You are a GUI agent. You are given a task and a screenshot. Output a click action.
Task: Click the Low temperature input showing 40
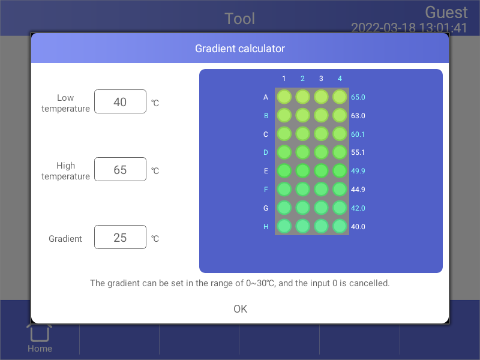click(x=120, y=101)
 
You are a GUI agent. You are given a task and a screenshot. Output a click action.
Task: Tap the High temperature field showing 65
click(x=120, y=169)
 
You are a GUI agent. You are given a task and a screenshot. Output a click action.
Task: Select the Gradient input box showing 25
click(x=120, y=237)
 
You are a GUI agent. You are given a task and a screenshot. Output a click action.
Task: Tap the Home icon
click(x=40, y=332)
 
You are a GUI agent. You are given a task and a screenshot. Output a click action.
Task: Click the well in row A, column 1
click(x=284, y=97)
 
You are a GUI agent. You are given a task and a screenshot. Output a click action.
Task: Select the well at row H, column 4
click(x=340, y=227)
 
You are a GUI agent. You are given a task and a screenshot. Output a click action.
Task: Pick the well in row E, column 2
click(x=303, y=171)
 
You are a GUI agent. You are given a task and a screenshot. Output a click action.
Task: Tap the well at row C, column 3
click(x=321, y=134)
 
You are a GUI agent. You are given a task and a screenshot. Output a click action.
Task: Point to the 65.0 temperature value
click(x=358, y=97)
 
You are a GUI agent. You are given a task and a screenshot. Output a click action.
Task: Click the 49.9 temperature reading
click(x=358, y=171)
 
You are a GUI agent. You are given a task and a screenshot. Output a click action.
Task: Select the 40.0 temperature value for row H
click(x=358, y=227)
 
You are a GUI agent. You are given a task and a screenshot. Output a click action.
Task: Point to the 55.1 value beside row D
click(x=358, y=152)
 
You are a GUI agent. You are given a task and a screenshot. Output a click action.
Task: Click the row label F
click(x=266, y=190)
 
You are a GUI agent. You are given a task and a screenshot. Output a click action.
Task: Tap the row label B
click(x=266, y=116)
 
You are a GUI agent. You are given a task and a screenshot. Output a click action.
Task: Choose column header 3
click(x=321, y=79)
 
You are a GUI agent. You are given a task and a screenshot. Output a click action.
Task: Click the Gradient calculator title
click(x=240, y=49)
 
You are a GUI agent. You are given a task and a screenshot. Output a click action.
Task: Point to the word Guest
click(x=446, y=13)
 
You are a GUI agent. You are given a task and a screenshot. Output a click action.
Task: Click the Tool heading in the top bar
click(x=239, y=19)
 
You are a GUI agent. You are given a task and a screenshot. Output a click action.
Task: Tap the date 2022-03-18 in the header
click(x=383, y=28)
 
